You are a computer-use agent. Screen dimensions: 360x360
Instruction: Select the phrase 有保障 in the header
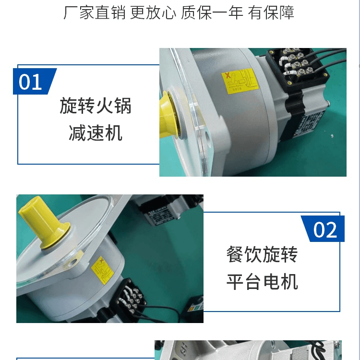(271, 12)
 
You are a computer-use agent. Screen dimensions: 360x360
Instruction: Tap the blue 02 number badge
(324, 229)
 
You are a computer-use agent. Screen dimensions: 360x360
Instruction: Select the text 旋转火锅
(96, 106)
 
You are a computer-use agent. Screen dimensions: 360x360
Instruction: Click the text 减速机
(96, 132)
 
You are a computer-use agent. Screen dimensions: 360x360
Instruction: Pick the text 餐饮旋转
(262, 254)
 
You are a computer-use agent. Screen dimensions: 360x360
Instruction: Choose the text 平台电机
(262, 282)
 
